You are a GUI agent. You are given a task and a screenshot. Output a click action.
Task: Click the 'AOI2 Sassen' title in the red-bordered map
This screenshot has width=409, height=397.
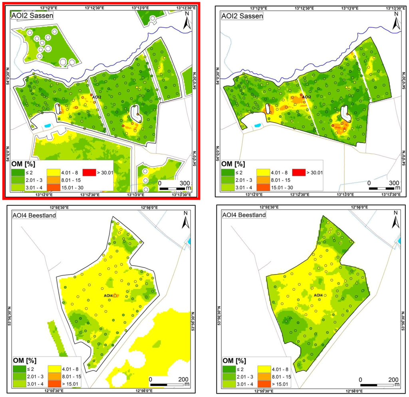[32, 16]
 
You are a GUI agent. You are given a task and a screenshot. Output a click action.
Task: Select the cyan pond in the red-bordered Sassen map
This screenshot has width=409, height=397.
[48, 126]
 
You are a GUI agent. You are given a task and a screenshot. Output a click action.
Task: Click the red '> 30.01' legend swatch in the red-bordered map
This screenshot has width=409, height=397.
[89, 173]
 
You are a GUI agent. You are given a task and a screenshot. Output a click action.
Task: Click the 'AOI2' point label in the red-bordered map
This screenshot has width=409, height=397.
[97, 97]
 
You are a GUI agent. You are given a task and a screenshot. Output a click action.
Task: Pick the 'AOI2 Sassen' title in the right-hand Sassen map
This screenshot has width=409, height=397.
[242, 16]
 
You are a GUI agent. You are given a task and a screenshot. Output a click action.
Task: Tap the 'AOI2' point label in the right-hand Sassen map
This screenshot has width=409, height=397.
[306, 97]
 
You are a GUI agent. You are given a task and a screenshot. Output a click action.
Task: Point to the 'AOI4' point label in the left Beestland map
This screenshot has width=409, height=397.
[108, 296]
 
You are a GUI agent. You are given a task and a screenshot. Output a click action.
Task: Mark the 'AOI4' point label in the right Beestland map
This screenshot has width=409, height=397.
[318, 296]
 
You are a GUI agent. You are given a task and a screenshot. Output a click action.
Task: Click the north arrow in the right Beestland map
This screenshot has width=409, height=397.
[396, 222]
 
